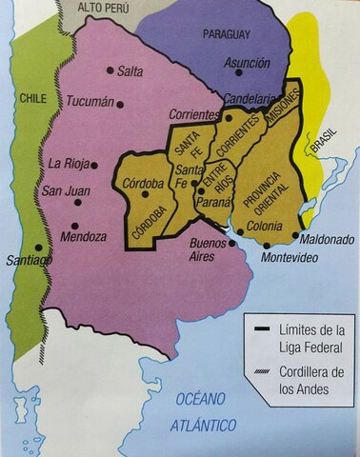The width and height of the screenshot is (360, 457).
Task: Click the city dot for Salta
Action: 111,70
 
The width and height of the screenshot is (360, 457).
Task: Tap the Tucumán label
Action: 90,102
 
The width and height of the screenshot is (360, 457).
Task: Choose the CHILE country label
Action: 33,98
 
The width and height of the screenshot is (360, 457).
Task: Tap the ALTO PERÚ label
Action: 103,8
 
